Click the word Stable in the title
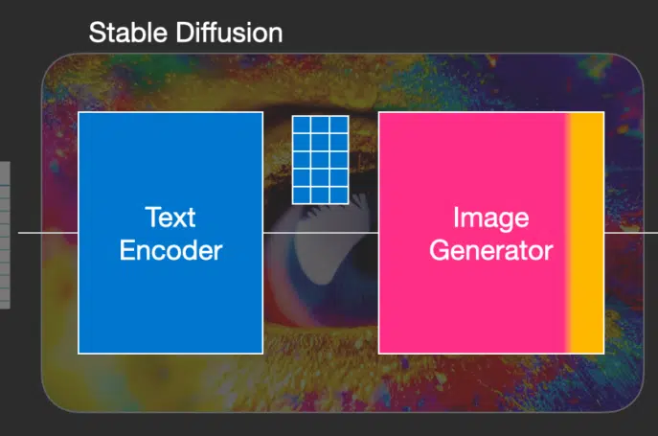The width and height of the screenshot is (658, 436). [x=128, y=33]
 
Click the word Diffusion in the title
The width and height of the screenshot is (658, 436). [x=229, y=33]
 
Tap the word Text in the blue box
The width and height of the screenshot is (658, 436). [x=170, y=218]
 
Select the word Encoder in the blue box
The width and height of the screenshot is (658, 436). [x=170, y=250]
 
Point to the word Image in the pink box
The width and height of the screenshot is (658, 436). [x=491, y=218]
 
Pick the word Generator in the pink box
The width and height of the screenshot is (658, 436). [x=491, y=250]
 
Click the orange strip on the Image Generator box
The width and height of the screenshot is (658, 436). [x=587, y=233]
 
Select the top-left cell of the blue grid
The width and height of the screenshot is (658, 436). [x=302, y=125]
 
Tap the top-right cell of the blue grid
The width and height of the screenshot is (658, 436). [x=339, y=125]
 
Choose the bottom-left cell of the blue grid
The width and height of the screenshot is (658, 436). [x=302, y=195]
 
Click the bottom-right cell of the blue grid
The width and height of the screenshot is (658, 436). [x=339, y=195]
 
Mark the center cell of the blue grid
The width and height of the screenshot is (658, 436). [x=320, y=160]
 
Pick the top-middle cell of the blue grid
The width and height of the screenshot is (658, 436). [x=320, y=125]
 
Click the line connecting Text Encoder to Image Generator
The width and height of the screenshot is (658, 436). [x=321, y=232]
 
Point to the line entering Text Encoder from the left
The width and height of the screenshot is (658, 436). [x=48, y=232]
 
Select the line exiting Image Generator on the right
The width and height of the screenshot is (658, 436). [x=631, y=232]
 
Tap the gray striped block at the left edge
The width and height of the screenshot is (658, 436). [x=5, y=235]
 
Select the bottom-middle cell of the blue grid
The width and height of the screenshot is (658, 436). [x=320, y=195]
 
